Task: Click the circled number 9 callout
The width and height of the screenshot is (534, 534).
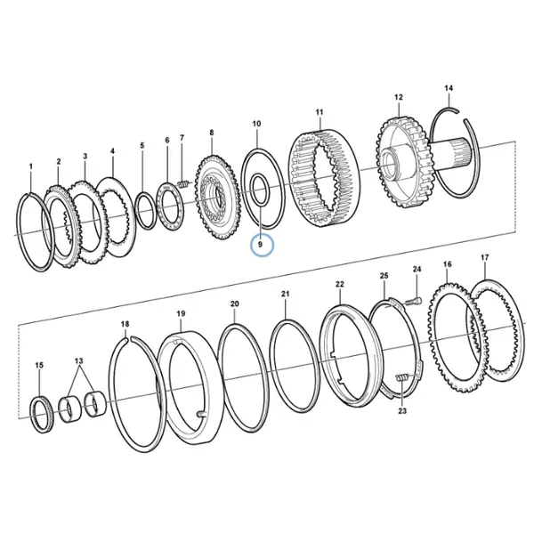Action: (262, 245)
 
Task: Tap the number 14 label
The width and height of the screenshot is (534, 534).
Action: (449, 88)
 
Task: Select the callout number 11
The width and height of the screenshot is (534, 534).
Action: (320, 112)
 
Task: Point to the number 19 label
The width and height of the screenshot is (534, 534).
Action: (181, 313)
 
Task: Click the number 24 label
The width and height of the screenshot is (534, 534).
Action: (417, 269)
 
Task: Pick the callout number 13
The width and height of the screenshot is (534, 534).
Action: (79, 360)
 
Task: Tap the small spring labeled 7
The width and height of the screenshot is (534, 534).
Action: (183, 184)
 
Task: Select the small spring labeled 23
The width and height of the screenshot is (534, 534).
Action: (402, 378)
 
